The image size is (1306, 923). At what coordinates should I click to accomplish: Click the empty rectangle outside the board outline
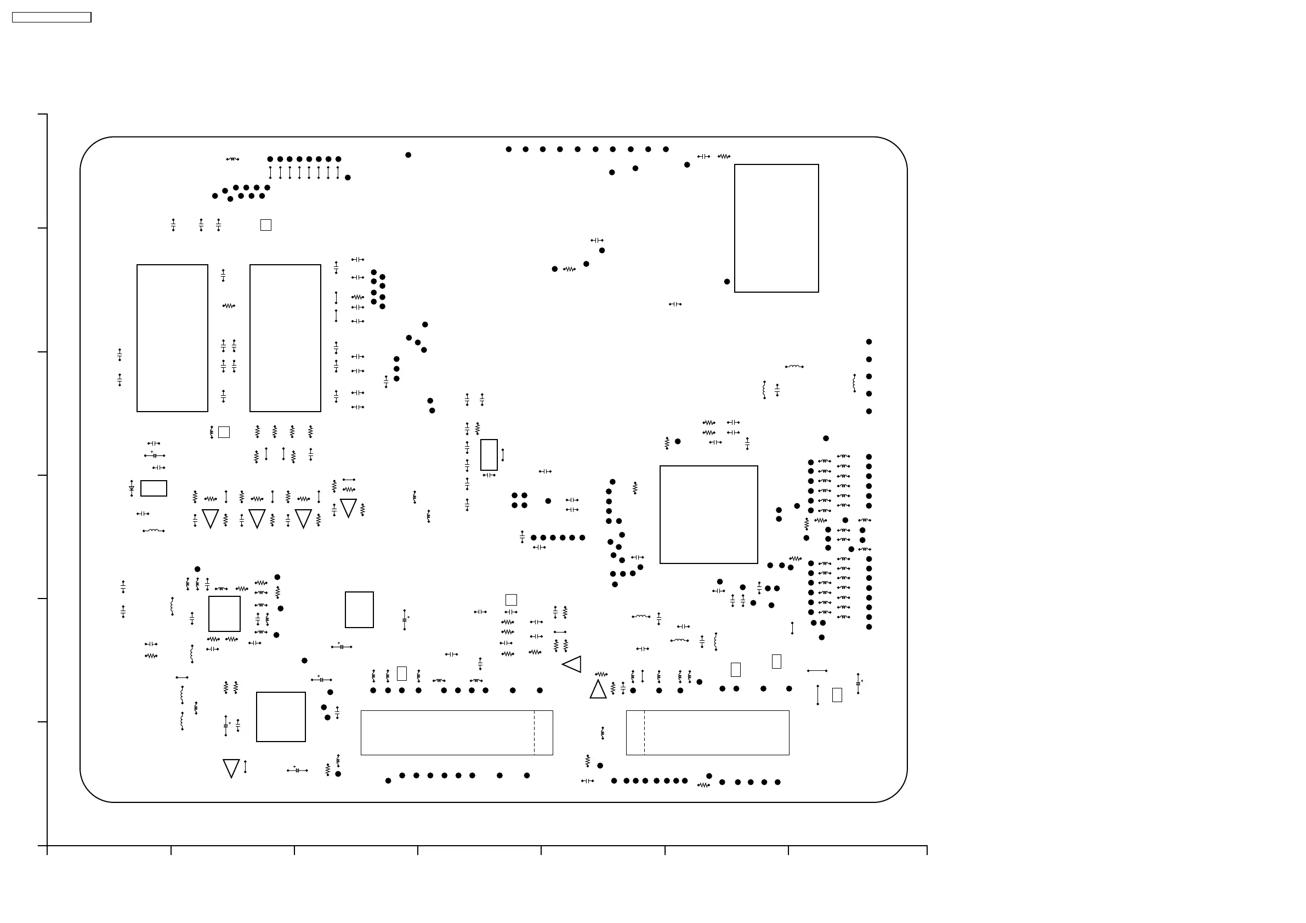[51, 18]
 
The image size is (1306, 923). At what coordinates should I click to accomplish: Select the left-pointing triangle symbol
[573, 664]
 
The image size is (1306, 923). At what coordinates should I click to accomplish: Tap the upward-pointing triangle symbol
[598, 691]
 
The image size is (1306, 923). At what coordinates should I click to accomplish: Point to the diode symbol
[132, 488]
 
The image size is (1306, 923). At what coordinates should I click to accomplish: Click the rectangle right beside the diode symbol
[154, 488]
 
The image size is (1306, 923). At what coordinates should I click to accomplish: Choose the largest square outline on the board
[709, 515]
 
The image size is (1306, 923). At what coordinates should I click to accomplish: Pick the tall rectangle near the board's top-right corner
[776, 228]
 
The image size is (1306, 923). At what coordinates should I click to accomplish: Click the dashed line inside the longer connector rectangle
[534, 732]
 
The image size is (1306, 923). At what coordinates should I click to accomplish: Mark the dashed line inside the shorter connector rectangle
[644, 732]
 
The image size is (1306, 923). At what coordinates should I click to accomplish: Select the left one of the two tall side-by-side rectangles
[172, 338]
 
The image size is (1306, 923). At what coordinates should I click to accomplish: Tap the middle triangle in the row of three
[257, 518]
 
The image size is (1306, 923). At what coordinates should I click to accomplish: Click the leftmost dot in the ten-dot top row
[508, 150]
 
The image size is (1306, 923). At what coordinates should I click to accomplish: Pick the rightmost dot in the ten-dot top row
[666, 150]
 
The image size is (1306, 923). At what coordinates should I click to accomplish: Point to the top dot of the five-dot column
[868, 342]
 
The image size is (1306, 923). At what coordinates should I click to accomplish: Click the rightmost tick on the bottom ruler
[927, 850]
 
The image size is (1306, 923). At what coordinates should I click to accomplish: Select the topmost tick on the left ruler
[43, 115]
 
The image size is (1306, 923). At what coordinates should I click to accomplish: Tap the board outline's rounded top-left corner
[90, 147]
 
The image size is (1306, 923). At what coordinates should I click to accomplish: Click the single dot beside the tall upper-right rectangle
[727, 282]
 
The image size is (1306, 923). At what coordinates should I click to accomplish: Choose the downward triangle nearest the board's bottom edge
[231, 768]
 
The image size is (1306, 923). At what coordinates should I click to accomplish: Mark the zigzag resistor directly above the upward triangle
[601, 675]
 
